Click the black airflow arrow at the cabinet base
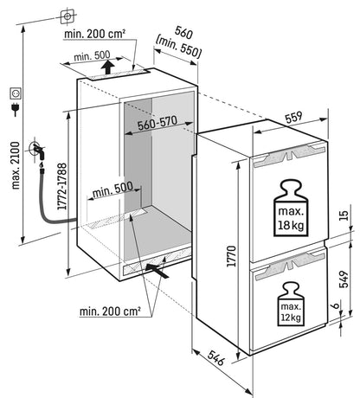[x=160, y=270]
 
